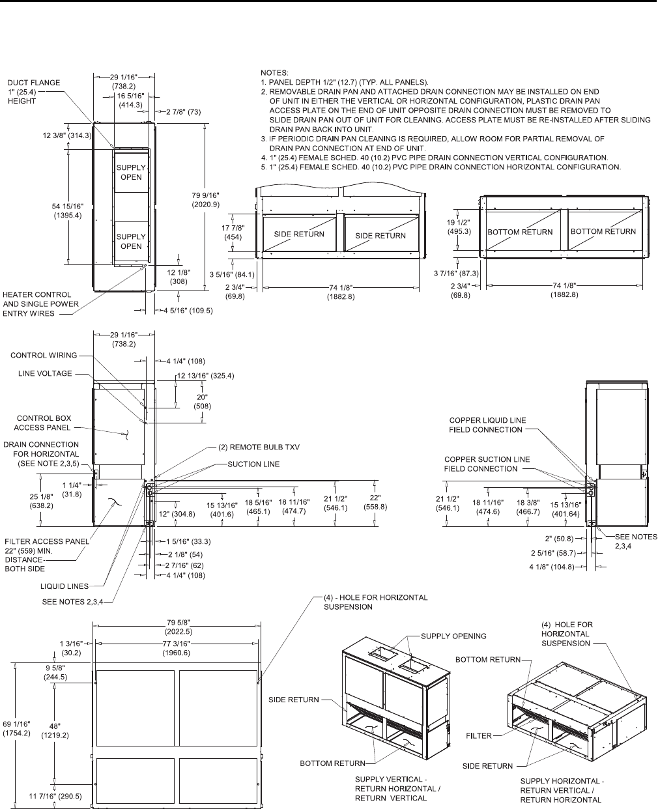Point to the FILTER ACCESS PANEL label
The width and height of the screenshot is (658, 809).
(47, 540)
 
